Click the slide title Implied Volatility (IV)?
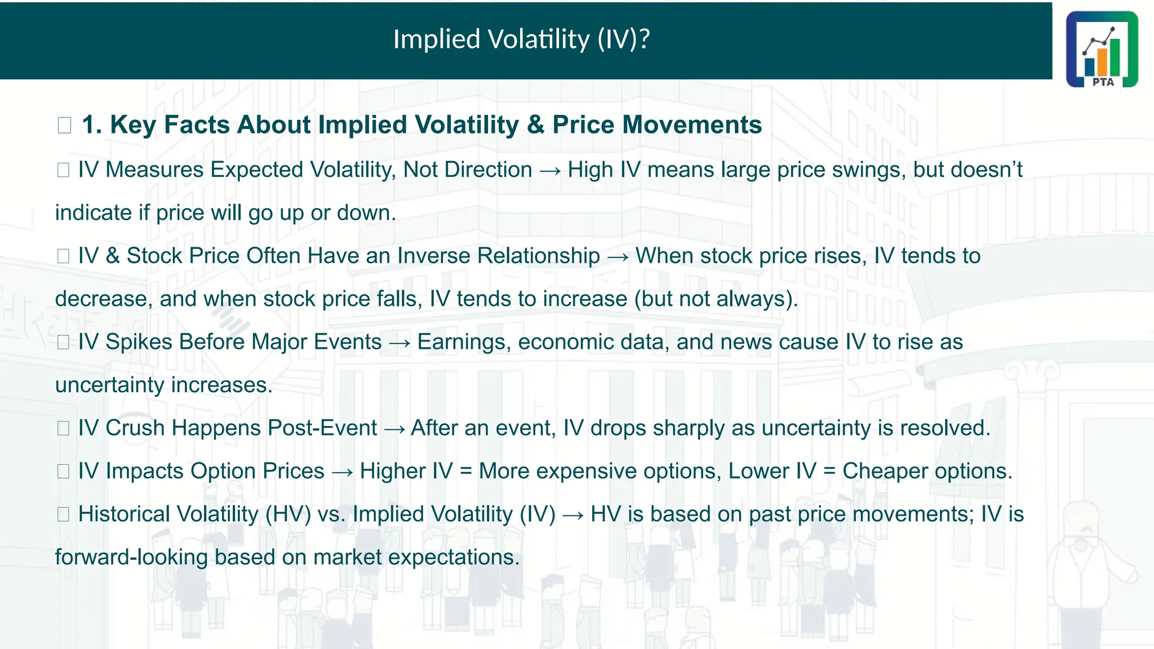tap(521, 39)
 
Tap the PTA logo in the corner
tap(1102, 50)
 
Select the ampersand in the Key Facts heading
tap(535, 125)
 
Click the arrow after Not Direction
tap(550, 171)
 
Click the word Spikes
tap(139, 342)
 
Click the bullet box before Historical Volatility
tap(63, 514)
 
